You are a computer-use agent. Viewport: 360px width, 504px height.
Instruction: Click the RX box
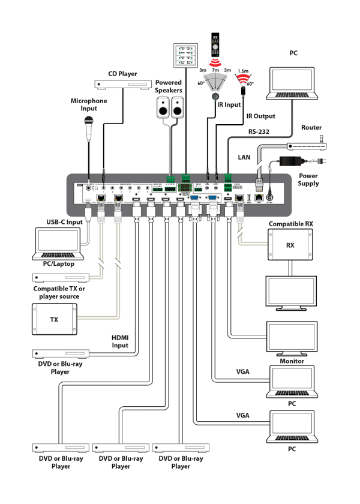[x=290, y=245]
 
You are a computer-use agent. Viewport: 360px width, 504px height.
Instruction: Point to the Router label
[x=311, y=128]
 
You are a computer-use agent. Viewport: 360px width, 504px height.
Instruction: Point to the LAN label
[x=244, y=157]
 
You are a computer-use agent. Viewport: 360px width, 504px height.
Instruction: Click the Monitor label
[x=290, y=361]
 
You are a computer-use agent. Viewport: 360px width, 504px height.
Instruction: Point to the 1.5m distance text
[x=242, y=70]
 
